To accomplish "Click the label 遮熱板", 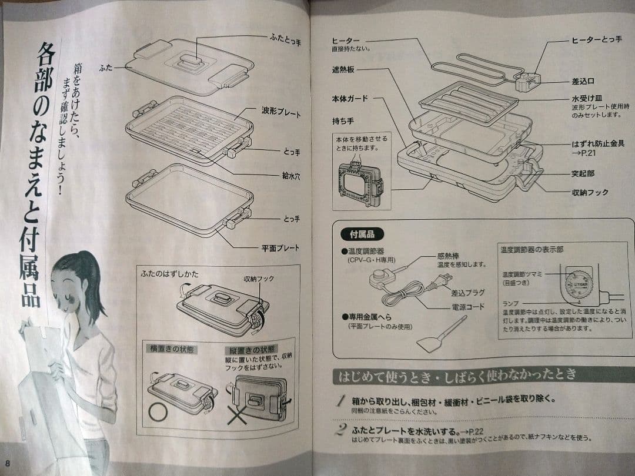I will (x=345, y=69).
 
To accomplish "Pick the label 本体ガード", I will (x=349, y=99).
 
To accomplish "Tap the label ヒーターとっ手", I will (x=596, y=39).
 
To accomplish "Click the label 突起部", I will (x=583, y=174).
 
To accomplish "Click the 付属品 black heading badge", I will (x=362, y=233).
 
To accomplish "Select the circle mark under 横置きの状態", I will (x=158, y=411).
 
